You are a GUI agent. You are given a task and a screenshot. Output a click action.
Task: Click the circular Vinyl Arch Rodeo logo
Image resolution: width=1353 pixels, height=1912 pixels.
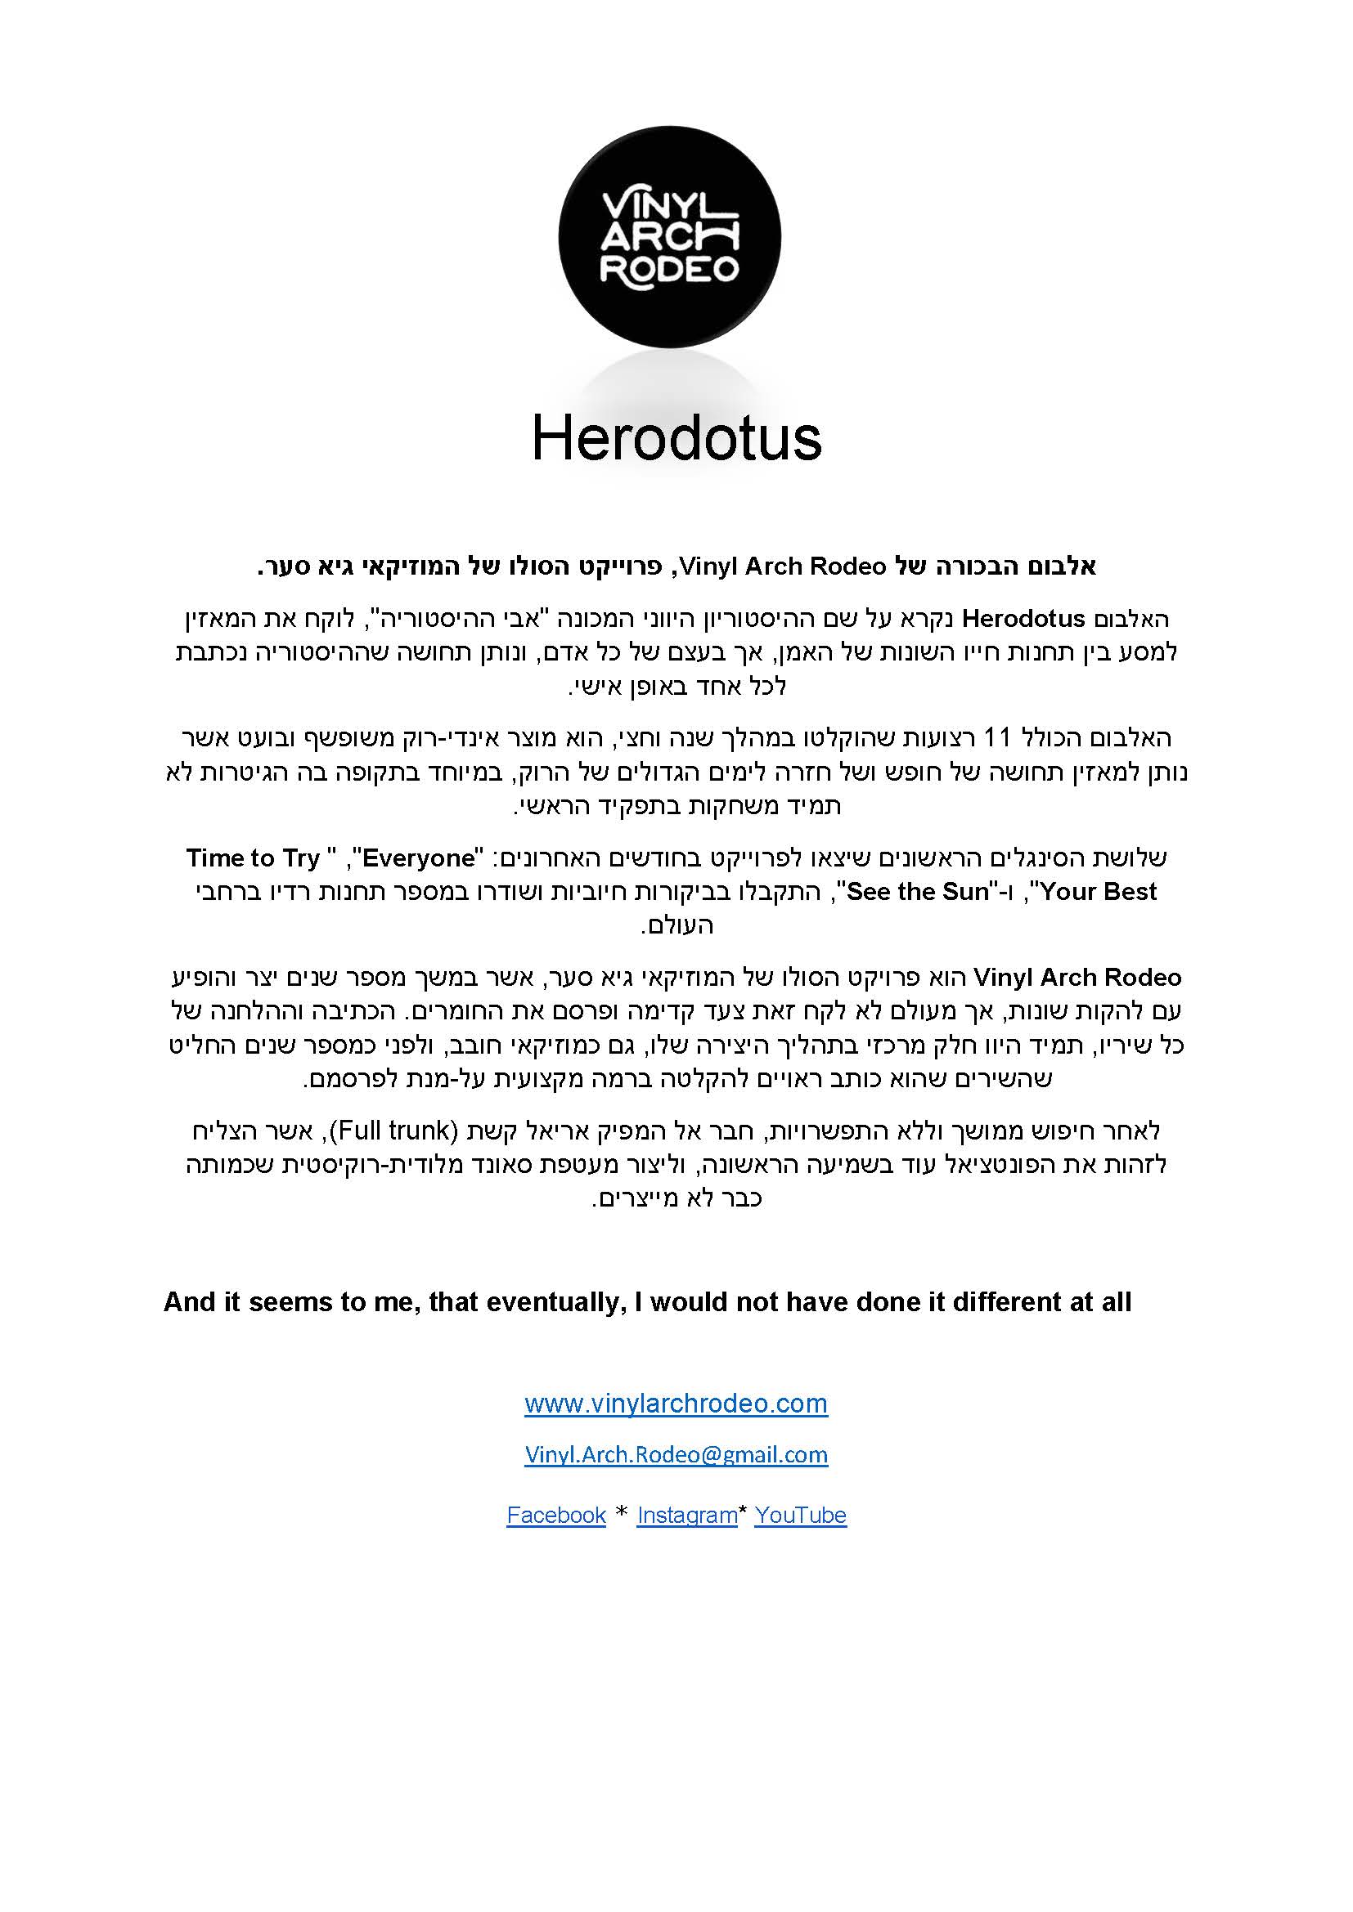669,237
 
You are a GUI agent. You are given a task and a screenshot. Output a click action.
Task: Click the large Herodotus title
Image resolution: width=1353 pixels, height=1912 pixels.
676,439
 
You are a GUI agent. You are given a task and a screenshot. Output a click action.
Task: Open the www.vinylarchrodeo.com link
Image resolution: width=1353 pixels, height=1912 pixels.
676,1404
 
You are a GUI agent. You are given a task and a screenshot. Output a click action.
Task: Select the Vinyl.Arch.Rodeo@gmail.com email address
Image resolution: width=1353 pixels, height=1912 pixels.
676,1455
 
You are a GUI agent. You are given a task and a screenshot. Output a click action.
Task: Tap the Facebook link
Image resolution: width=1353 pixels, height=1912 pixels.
555,1516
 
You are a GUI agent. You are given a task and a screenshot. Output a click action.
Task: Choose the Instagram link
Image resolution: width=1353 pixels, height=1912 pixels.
686,1516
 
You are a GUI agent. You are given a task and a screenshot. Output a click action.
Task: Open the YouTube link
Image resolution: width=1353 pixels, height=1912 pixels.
800,1516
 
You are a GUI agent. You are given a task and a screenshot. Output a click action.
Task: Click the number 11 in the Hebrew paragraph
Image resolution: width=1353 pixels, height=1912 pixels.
996,738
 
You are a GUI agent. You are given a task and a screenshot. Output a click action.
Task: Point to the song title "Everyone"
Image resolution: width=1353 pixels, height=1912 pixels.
419,857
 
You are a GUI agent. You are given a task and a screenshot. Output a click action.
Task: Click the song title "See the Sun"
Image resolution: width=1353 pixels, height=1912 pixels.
917,892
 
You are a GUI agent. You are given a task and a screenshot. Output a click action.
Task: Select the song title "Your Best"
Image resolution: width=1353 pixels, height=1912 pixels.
1098,892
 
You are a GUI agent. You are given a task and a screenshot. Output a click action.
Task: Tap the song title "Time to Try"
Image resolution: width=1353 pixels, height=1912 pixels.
254,857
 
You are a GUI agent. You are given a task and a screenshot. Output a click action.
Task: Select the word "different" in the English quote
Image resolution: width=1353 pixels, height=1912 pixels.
1006,1302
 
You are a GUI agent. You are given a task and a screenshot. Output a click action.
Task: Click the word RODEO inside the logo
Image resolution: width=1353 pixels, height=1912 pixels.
670,269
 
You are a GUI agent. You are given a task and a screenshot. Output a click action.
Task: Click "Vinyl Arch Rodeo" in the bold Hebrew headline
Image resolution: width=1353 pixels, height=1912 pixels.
782,567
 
